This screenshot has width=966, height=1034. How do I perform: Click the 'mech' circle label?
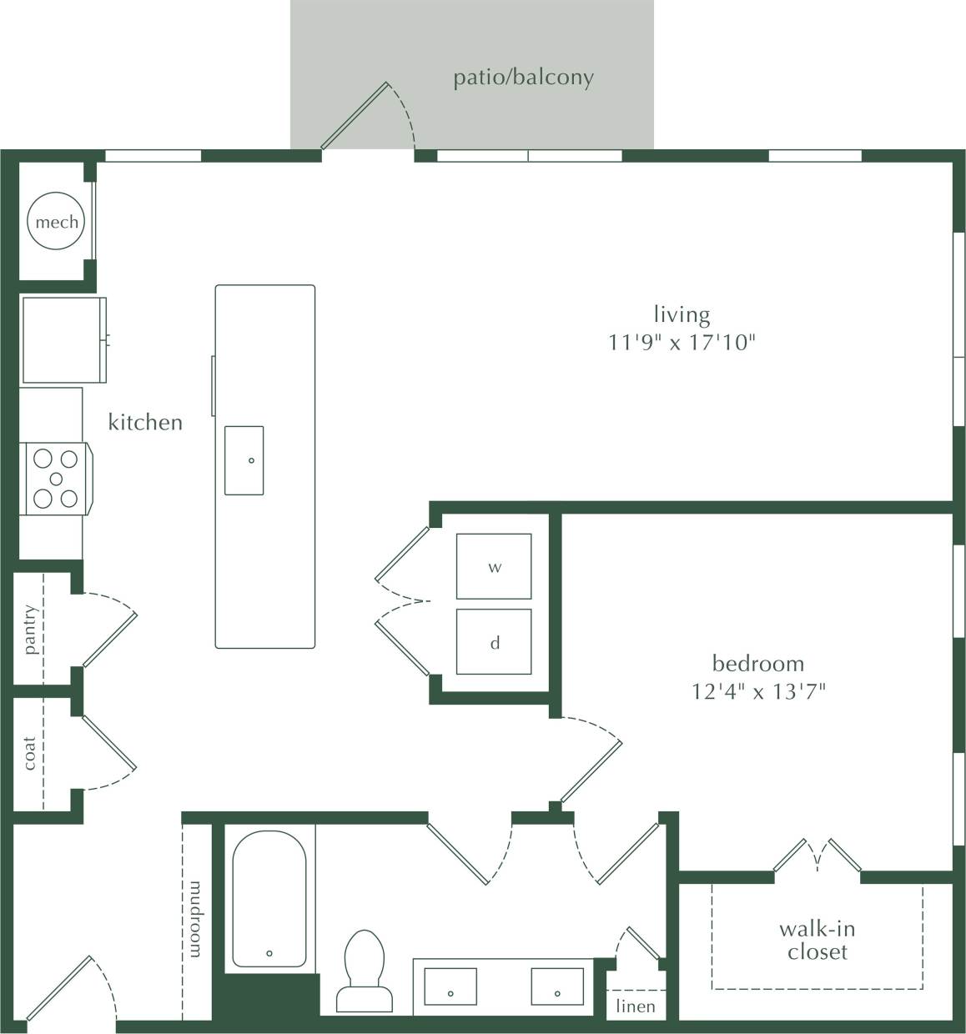point(57,222)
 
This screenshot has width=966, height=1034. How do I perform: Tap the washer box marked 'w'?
point(494,567)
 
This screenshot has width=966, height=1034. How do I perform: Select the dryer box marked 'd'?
point(494,642)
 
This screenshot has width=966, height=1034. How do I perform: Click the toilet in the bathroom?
point(364,971)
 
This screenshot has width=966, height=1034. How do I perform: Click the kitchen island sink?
point(244,460)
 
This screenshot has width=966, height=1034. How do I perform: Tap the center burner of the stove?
point(56,479)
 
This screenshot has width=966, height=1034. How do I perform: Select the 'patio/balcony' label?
point(523,78)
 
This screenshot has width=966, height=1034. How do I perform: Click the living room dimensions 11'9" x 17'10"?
point(682,342)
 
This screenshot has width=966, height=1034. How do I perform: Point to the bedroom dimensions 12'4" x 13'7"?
point(757,691)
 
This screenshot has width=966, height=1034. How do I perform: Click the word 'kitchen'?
point(145,422)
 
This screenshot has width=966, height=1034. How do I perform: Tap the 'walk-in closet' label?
point(817,940)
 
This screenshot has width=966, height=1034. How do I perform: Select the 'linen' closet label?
point(635,1006)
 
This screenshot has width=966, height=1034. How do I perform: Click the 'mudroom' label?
point(196,918)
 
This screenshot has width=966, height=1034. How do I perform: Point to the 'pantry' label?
point(31,630)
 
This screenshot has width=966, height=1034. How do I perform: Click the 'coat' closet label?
point(30,753)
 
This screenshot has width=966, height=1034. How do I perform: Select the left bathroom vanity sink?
point(450,986)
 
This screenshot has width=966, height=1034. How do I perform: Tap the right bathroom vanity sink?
point(557,986)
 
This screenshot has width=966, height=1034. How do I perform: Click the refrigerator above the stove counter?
point(63,339)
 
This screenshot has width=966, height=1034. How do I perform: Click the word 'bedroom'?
point(757,664)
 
